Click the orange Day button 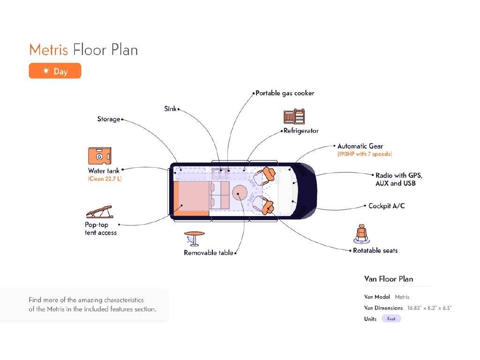point(55,71)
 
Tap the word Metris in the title point(49,50)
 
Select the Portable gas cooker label point(285,93)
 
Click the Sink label point(170,109)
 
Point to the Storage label point(109,119)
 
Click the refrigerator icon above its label point(294,117)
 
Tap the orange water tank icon point(99,156)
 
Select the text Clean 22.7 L point(105,179)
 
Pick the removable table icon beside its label point(194,238)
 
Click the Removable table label point(208,253)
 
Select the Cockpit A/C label point(386,206)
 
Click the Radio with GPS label point(398,175)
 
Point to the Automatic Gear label point(360,146)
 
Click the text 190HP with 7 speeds point(364,154)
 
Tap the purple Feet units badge point(391,319)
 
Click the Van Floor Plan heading point(389,279)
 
